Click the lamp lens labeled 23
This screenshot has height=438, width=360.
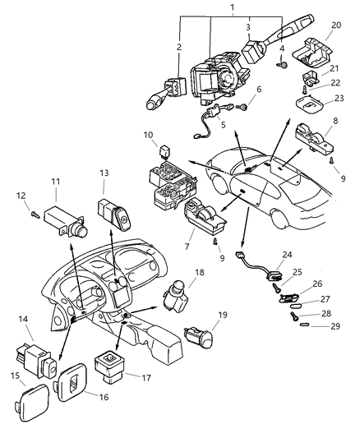coord(313,105)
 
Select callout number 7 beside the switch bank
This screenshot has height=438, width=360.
coord(189,247)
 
